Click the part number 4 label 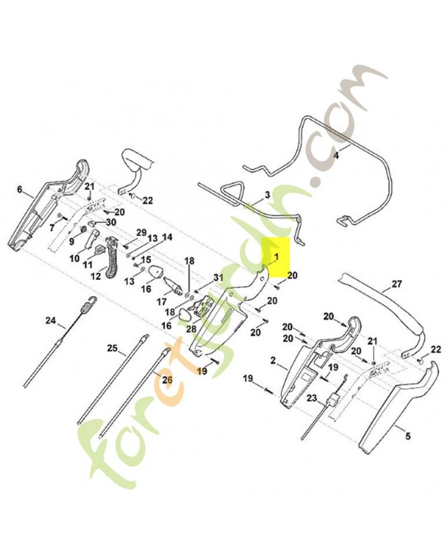(x=335, y=155)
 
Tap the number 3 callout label (x=267, y=195)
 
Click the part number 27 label (x=396, y=283)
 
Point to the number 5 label (x=407, y=437)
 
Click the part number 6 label (x=20, y=190)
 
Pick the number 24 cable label (x=50, y=320)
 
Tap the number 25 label (x=113, y=349)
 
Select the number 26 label (x=167, y=379)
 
